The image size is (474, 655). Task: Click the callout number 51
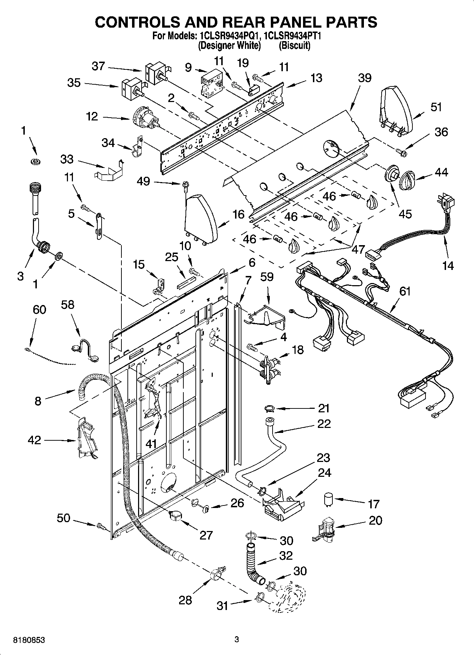point(436,107)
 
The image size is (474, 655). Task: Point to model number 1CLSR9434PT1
point(292,36)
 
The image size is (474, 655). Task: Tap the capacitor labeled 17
point(329,500)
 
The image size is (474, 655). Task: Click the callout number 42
point(35,440)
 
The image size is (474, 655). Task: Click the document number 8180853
point(29,640)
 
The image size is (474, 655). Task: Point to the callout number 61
point(405,291)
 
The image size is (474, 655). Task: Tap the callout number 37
point(98,66)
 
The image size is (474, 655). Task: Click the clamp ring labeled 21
point(270,410)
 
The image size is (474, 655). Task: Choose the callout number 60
point(39,310)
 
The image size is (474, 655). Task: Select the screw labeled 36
point(402,152)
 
